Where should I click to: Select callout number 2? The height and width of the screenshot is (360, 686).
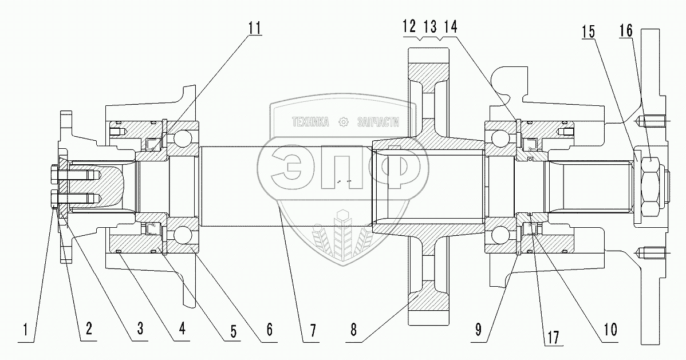[89, 330]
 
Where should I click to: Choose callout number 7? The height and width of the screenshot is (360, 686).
[312, 330]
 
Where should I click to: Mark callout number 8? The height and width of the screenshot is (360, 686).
[356, 330]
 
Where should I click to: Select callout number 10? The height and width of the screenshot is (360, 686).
[608, 330]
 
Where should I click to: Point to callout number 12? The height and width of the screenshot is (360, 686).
[409, 26]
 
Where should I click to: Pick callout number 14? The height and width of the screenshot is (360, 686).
[450, 26]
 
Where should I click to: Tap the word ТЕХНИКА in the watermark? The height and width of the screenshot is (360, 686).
[310, 122]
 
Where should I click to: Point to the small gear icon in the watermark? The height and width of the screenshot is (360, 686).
[344, 122]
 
